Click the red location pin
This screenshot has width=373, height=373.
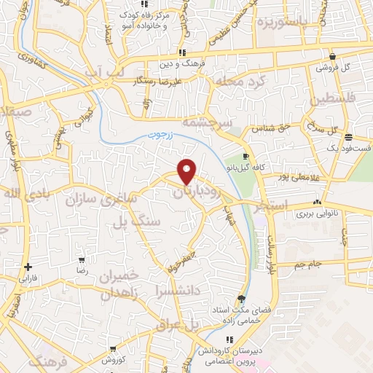(x=187, y=170)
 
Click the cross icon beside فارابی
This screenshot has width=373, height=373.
(x=28, y=267)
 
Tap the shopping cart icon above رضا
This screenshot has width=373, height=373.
(x=82, y=259)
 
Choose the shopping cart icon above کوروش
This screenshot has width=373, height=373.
(x=111, y=349)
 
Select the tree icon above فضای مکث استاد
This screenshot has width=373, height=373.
(x=242, y=299)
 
